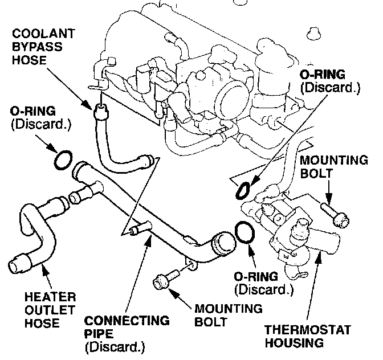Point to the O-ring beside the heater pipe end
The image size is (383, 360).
click(x=63, y=161)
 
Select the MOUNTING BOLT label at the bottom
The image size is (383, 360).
click(x=228, y=316)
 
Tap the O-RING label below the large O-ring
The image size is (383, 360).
click(x=263, y=283)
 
